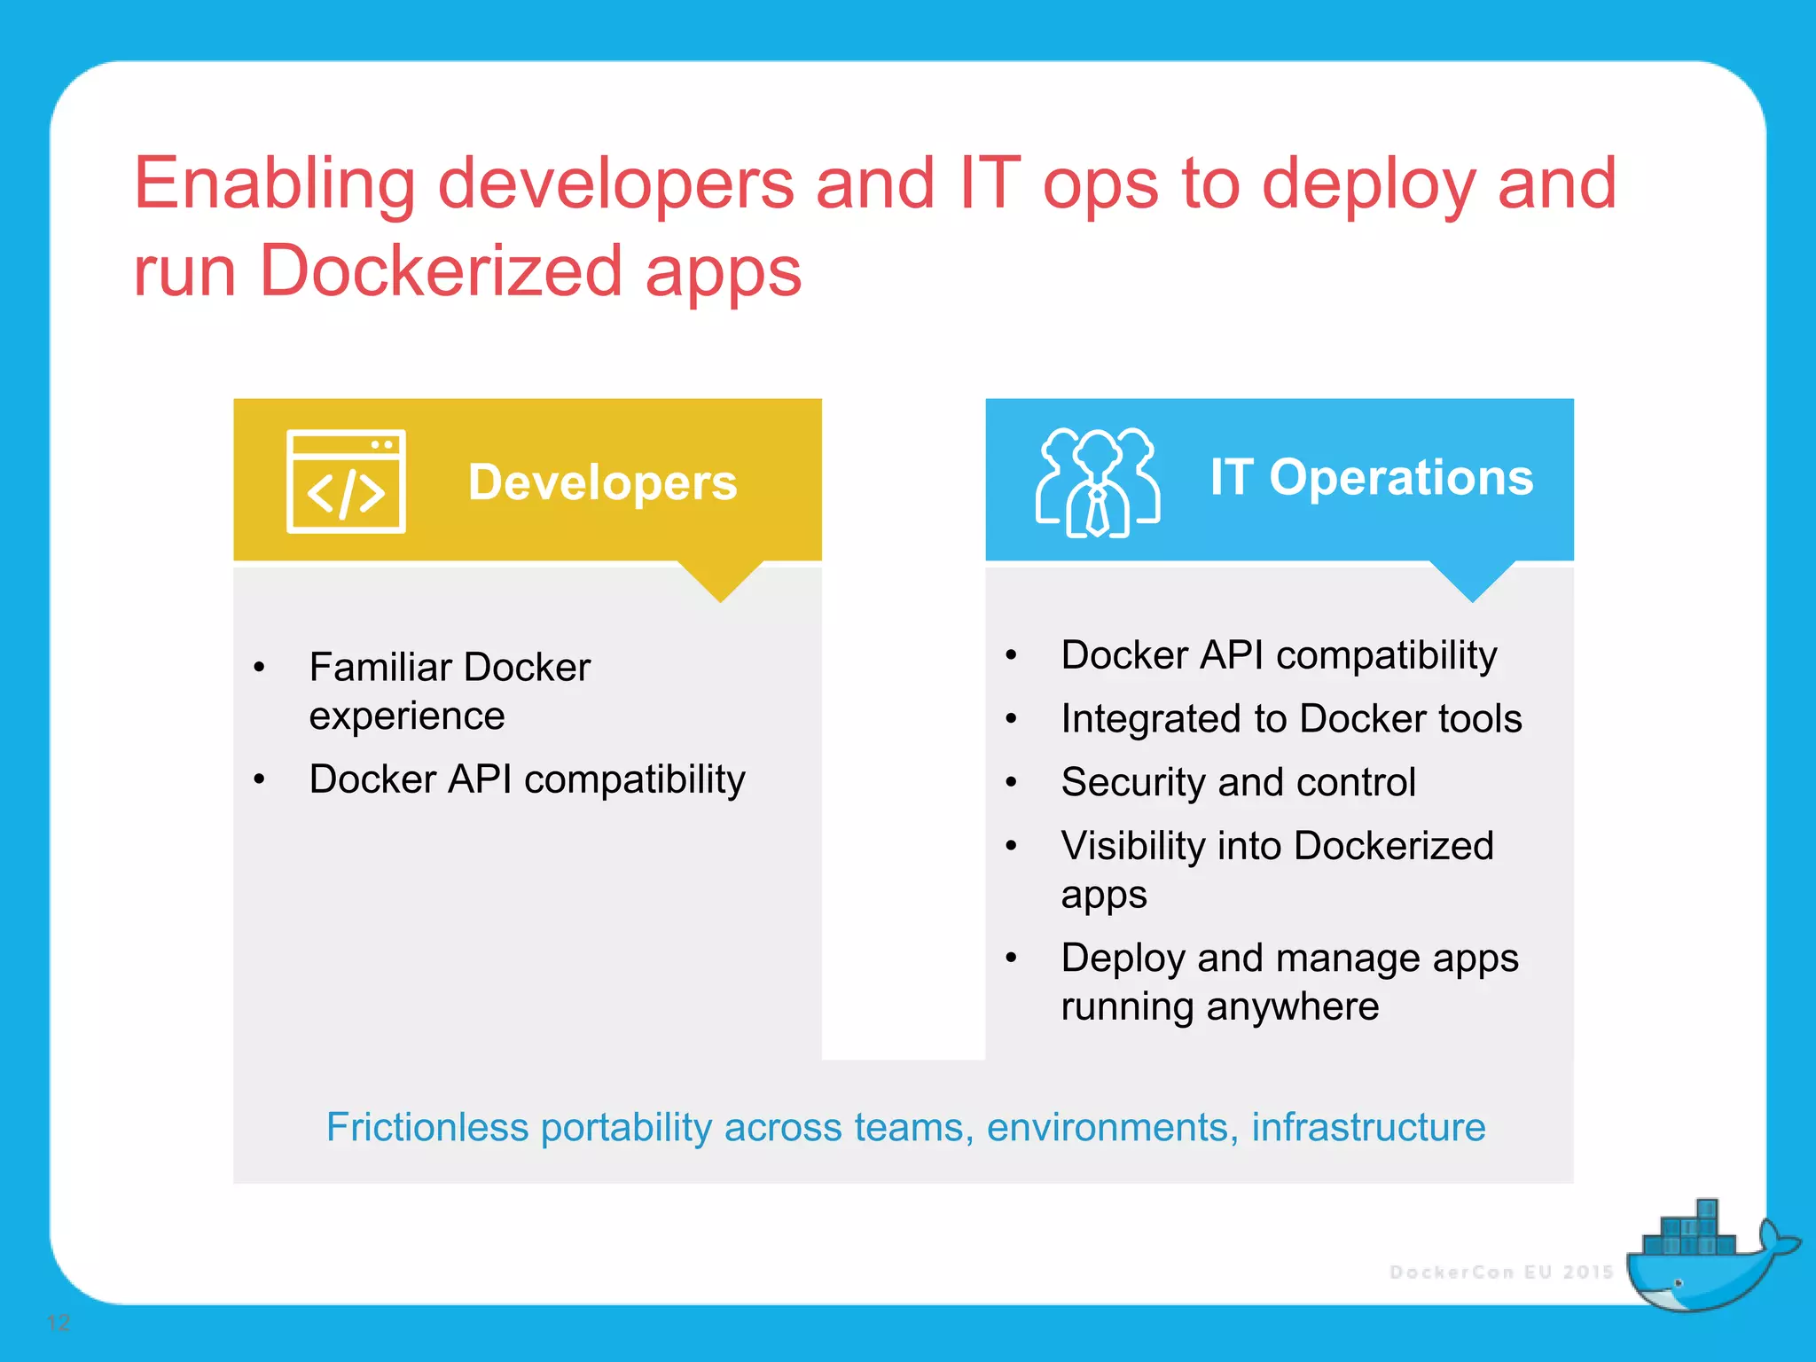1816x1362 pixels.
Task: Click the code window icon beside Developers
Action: [346, 481]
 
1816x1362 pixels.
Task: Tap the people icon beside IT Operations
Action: [1097, 482]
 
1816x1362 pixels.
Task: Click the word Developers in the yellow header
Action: [602, 482]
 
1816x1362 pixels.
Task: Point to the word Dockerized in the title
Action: [441, 270]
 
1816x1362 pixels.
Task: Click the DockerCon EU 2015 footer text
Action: [1501, 1272]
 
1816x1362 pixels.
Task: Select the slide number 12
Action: [58, 1323]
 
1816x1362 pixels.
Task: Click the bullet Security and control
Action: [1238, 782]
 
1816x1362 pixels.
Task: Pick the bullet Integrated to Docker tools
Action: [1291, 718]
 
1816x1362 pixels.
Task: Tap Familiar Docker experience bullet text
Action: [450, 690]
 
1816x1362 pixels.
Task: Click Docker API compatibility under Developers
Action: [527, 779]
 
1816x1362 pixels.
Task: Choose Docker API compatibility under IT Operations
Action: [1279, 655]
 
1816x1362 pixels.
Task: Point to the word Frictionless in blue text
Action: [427, 1127]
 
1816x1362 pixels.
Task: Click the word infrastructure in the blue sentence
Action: [1368, 1127]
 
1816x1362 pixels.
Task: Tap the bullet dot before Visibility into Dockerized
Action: [1011, 846]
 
